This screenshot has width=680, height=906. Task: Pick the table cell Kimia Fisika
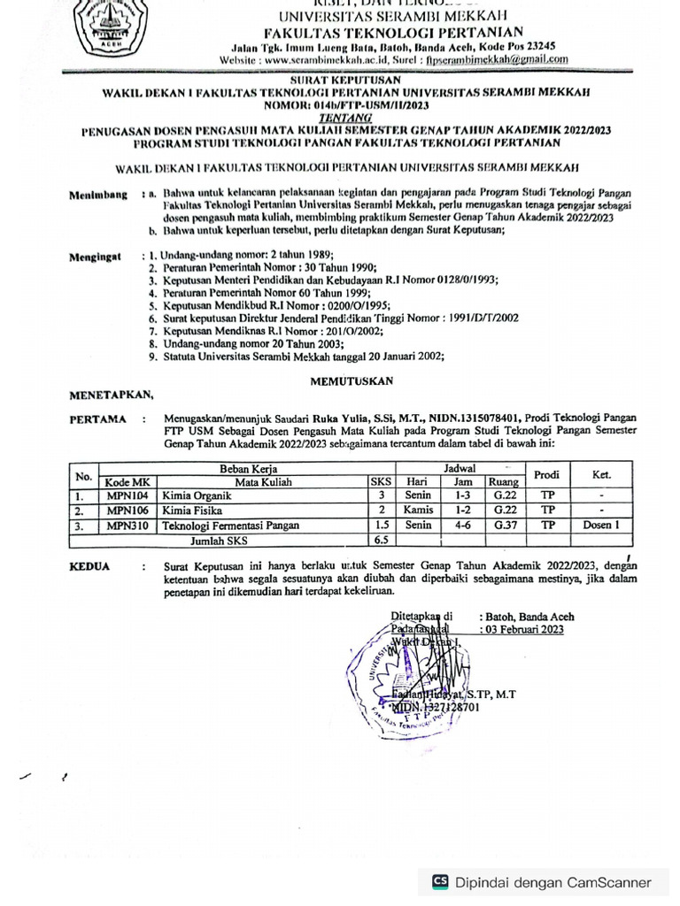tap(192, 511)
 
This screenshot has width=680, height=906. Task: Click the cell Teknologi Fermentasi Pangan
tap(230, 525)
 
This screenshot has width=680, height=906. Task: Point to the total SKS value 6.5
tap(382, 539)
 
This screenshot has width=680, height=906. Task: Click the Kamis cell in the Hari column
tap(417, 511)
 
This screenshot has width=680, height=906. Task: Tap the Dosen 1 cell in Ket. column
tap(601, 525)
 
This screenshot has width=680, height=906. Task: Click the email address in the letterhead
tap(496, 60)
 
